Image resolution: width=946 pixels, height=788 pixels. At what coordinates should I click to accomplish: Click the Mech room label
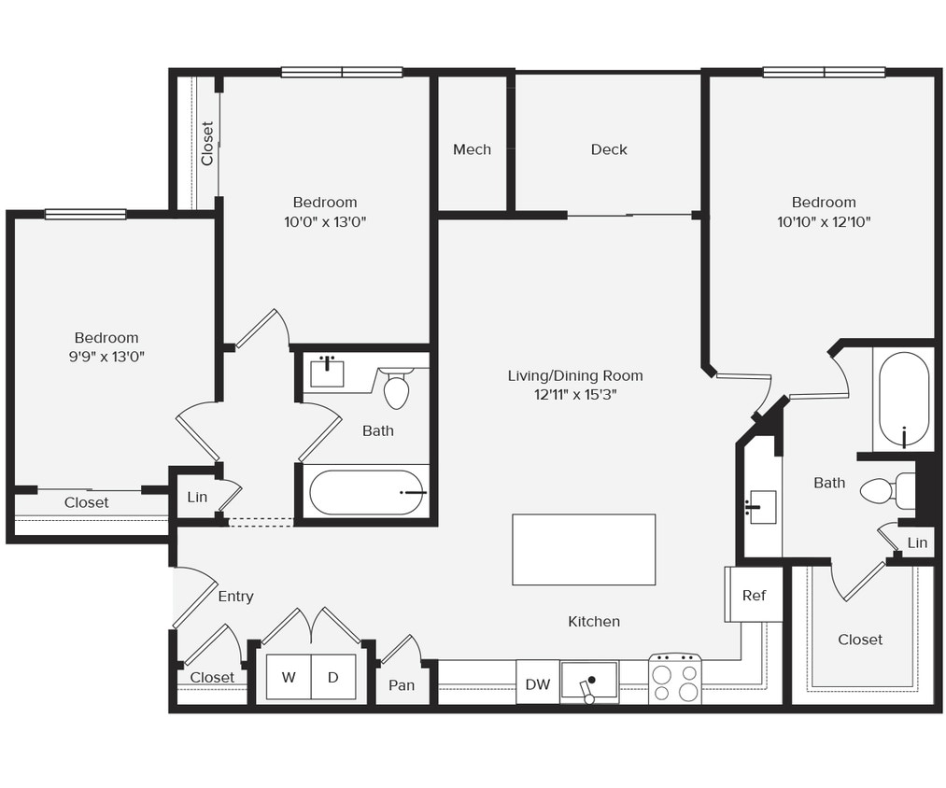click(472, 149)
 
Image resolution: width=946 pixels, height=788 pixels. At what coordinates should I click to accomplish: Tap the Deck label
click(609, 149)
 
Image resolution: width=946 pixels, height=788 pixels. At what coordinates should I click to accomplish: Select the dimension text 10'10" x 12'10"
click(824, 222)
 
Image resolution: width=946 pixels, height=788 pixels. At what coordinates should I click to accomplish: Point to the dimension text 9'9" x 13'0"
click(106, 357)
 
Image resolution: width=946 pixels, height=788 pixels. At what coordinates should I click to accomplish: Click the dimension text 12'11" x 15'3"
click(575, 395)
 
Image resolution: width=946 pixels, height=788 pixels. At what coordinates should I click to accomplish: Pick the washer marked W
click(289, 678)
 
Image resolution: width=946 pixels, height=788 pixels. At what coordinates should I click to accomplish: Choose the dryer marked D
click(333, 678)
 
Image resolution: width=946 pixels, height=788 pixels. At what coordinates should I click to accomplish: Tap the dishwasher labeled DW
click(538, 684)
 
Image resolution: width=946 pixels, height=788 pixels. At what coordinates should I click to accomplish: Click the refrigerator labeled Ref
click(754, 595)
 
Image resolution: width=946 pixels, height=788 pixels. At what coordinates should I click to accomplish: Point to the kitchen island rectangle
click(584, 550)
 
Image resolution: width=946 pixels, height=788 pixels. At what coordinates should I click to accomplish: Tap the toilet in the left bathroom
click(397, 389)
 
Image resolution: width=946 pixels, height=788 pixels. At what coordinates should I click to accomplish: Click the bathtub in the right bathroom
click(904, 399)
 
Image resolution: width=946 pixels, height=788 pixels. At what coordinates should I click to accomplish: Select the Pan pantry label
click(402, 685)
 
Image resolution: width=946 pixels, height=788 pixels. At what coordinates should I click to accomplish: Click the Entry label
click(235, 597)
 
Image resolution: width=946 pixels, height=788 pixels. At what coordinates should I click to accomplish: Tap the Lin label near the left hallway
click(197, 497)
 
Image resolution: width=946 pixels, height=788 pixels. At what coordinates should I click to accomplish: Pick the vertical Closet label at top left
click(207, 144)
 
